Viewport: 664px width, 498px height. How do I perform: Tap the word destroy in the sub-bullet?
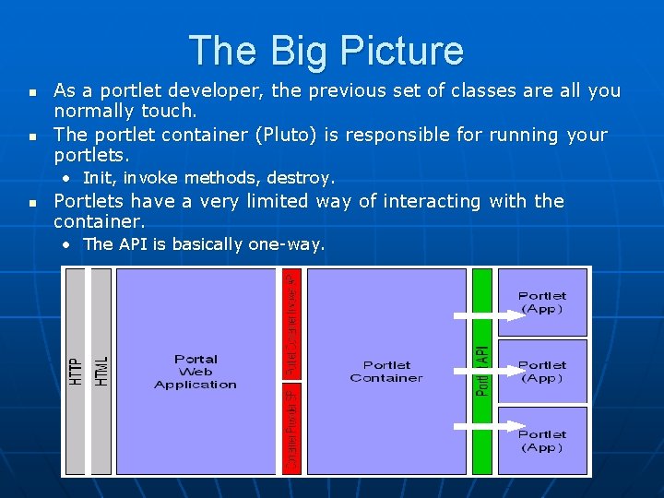[x=302, y=177]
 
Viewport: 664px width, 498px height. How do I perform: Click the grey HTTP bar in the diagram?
[x=77, y=371]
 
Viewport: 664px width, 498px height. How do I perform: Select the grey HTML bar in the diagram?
[x=101, y=371]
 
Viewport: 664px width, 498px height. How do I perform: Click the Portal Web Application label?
[x=196, y=372]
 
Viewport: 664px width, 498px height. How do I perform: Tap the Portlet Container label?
[x=386, y=372]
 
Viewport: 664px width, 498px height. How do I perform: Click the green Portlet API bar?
[x=482, y=371]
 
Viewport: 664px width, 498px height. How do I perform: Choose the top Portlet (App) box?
[x=542, y=302]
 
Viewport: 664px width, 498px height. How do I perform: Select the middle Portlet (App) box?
[x=542, y=372]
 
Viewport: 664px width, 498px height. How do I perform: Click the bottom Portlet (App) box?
[x=542, y=441]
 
